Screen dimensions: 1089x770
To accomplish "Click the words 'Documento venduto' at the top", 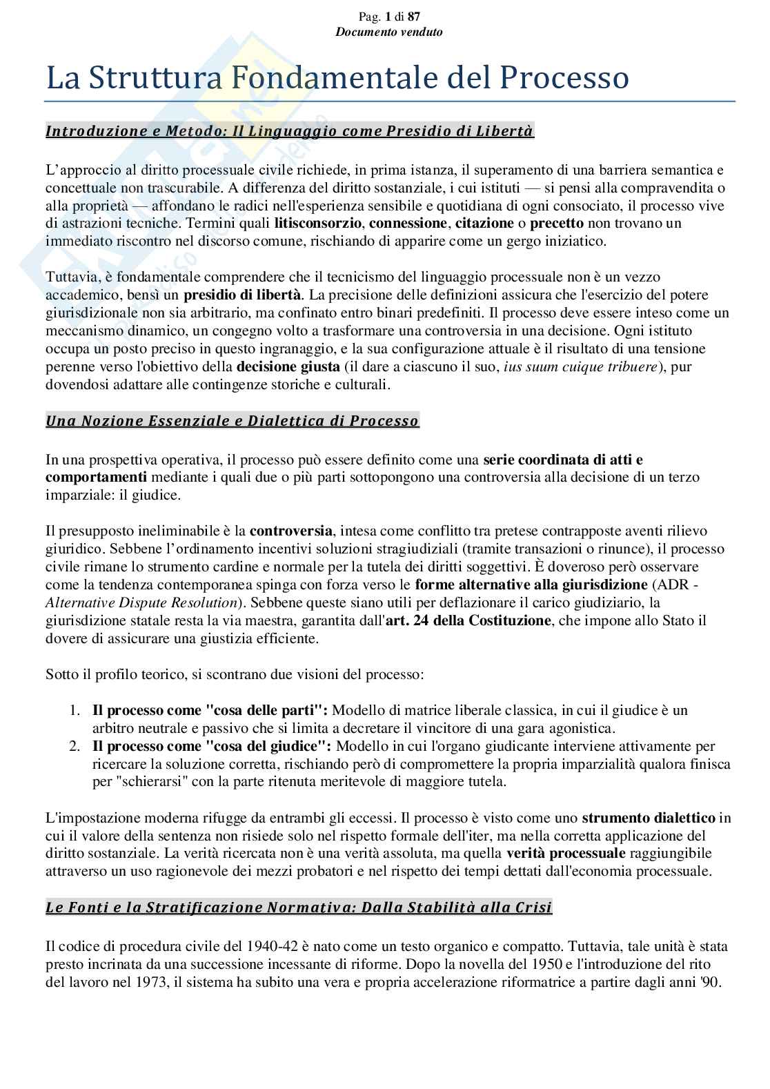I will [388, 32].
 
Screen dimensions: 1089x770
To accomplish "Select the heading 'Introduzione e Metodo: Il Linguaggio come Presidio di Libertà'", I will [289, 131].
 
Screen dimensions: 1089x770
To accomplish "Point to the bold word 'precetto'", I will [557, 223].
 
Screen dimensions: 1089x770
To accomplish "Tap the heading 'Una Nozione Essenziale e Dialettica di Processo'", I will [232, 421].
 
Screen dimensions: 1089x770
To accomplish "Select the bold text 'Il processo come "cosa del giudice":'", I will [212, 746].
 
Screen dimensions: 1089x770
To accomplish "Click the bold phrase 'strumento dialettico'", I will [649, 818].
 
